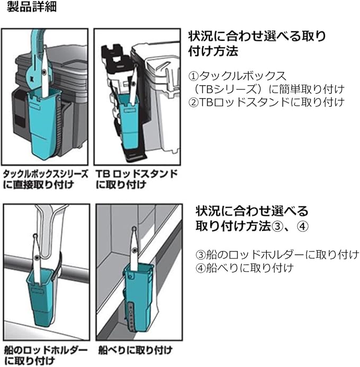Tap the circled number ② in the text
tap(193, 101)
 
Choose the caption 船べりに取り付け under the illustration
tap(135, 350)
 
